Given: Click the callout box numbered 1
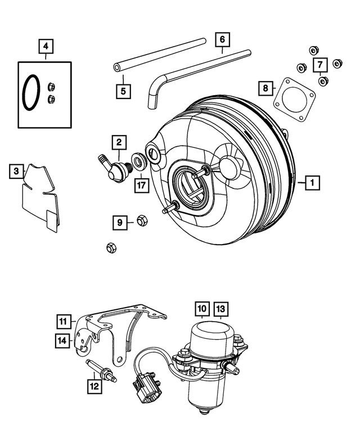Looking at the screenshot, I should [x=310, y=182].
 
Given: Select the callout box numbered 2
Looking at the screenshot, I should [x=119, y=143].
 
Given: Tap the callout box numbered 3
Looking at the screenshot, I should [x=17, y=170].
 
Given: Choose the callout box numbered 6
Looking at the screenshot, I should [x=222, y=39].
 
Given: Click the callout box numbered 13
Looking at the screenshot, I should [x=220, y=309].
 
